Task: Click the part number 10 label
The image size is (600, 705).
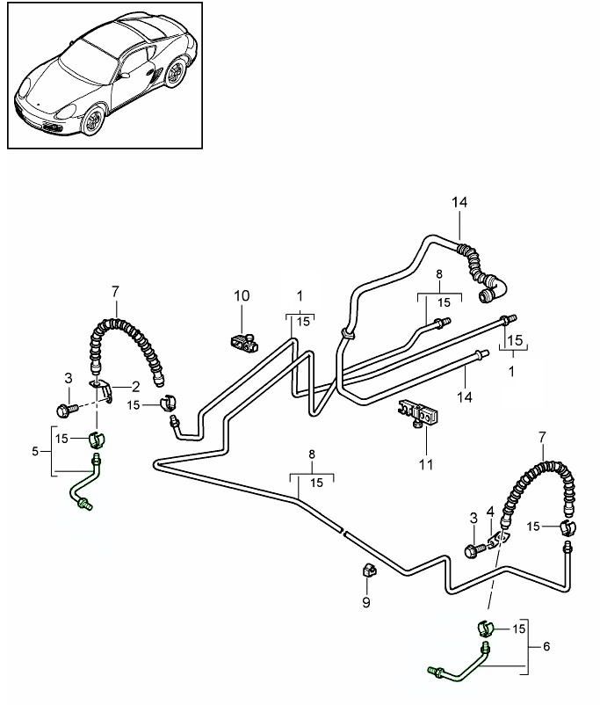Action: click(x=242, y=296)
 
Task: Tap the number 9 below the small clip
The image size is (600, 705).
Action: click(x=367, y=602)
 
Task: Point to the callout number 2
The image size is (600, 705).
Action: click(x=136, y=385)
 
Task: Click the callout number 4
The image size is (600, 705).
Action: click(x=491, y=511)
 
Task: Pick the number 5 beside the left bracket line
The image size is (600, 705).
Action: click(x=36, y=451)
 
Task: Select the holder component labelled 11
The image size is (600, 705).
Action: click(x=418, y=412)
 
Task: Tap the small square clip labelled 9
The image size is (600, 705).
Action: click(x=369, y=572)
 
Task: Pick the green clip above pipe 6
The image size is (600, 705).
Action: click(x=486, y=629)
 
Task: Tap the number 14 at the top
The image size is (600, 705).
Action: click(x=460, y=202)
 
